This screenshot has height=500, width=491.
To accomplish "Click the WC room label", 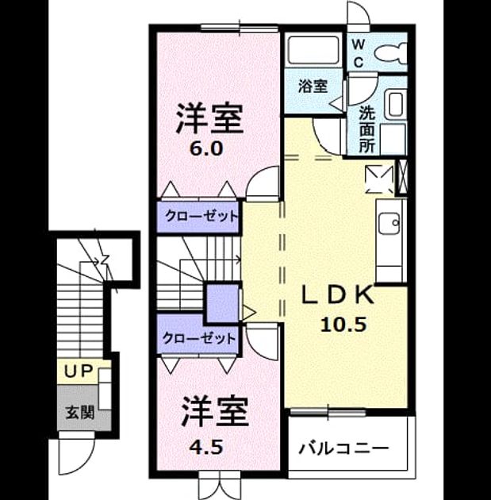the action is (x=359, y=53).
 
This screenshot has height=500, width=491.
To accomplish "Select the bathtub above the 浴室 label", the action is (x=313, y=49).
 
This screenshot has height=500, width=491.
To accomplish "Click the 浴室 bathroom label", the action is (x=313, y=86).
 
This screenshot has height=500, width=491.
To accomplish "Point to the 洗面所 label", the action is (x=366, y=129).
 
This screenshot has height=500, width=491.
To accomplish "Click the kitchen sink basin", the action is (x=389, y=223).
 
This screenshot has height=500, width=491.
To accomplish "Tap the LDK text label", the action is (x=338, y=295).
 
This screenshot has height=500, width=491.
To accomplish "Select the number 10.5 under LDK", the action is (x=343, y=325).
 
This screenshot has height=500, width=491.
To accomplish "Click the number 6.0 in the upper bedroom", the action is (x=205, y=148).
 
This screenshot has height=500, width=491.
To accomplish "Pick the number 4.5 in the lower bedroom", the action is (x=205, y=447).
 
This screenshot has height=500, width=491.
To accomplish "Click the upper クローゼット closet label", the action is (x=201, y=217).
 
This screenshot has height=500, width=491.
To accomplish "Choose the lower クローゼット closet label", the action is (x=199, y=338).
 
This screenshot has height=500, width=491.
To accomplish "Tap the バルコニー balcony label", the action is (x=343, y=449).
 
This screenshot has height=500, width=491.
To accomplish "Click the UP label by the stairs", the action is (x=78, y=371).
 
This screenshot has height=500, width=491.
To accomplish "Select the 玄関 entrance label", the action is (x=79, y=413).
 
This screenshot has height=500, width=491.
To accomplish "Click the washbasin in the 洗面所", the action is (x=395, y=105).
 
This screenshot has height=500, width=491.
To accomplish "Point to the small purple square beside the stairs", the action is (x=222, y=303).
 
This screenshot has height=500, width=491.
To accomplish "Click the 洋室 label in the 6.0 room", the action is (x=209, y=118).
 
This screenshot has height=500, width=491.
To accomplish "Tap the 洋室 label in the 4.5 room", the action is (x=215, y=411).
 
